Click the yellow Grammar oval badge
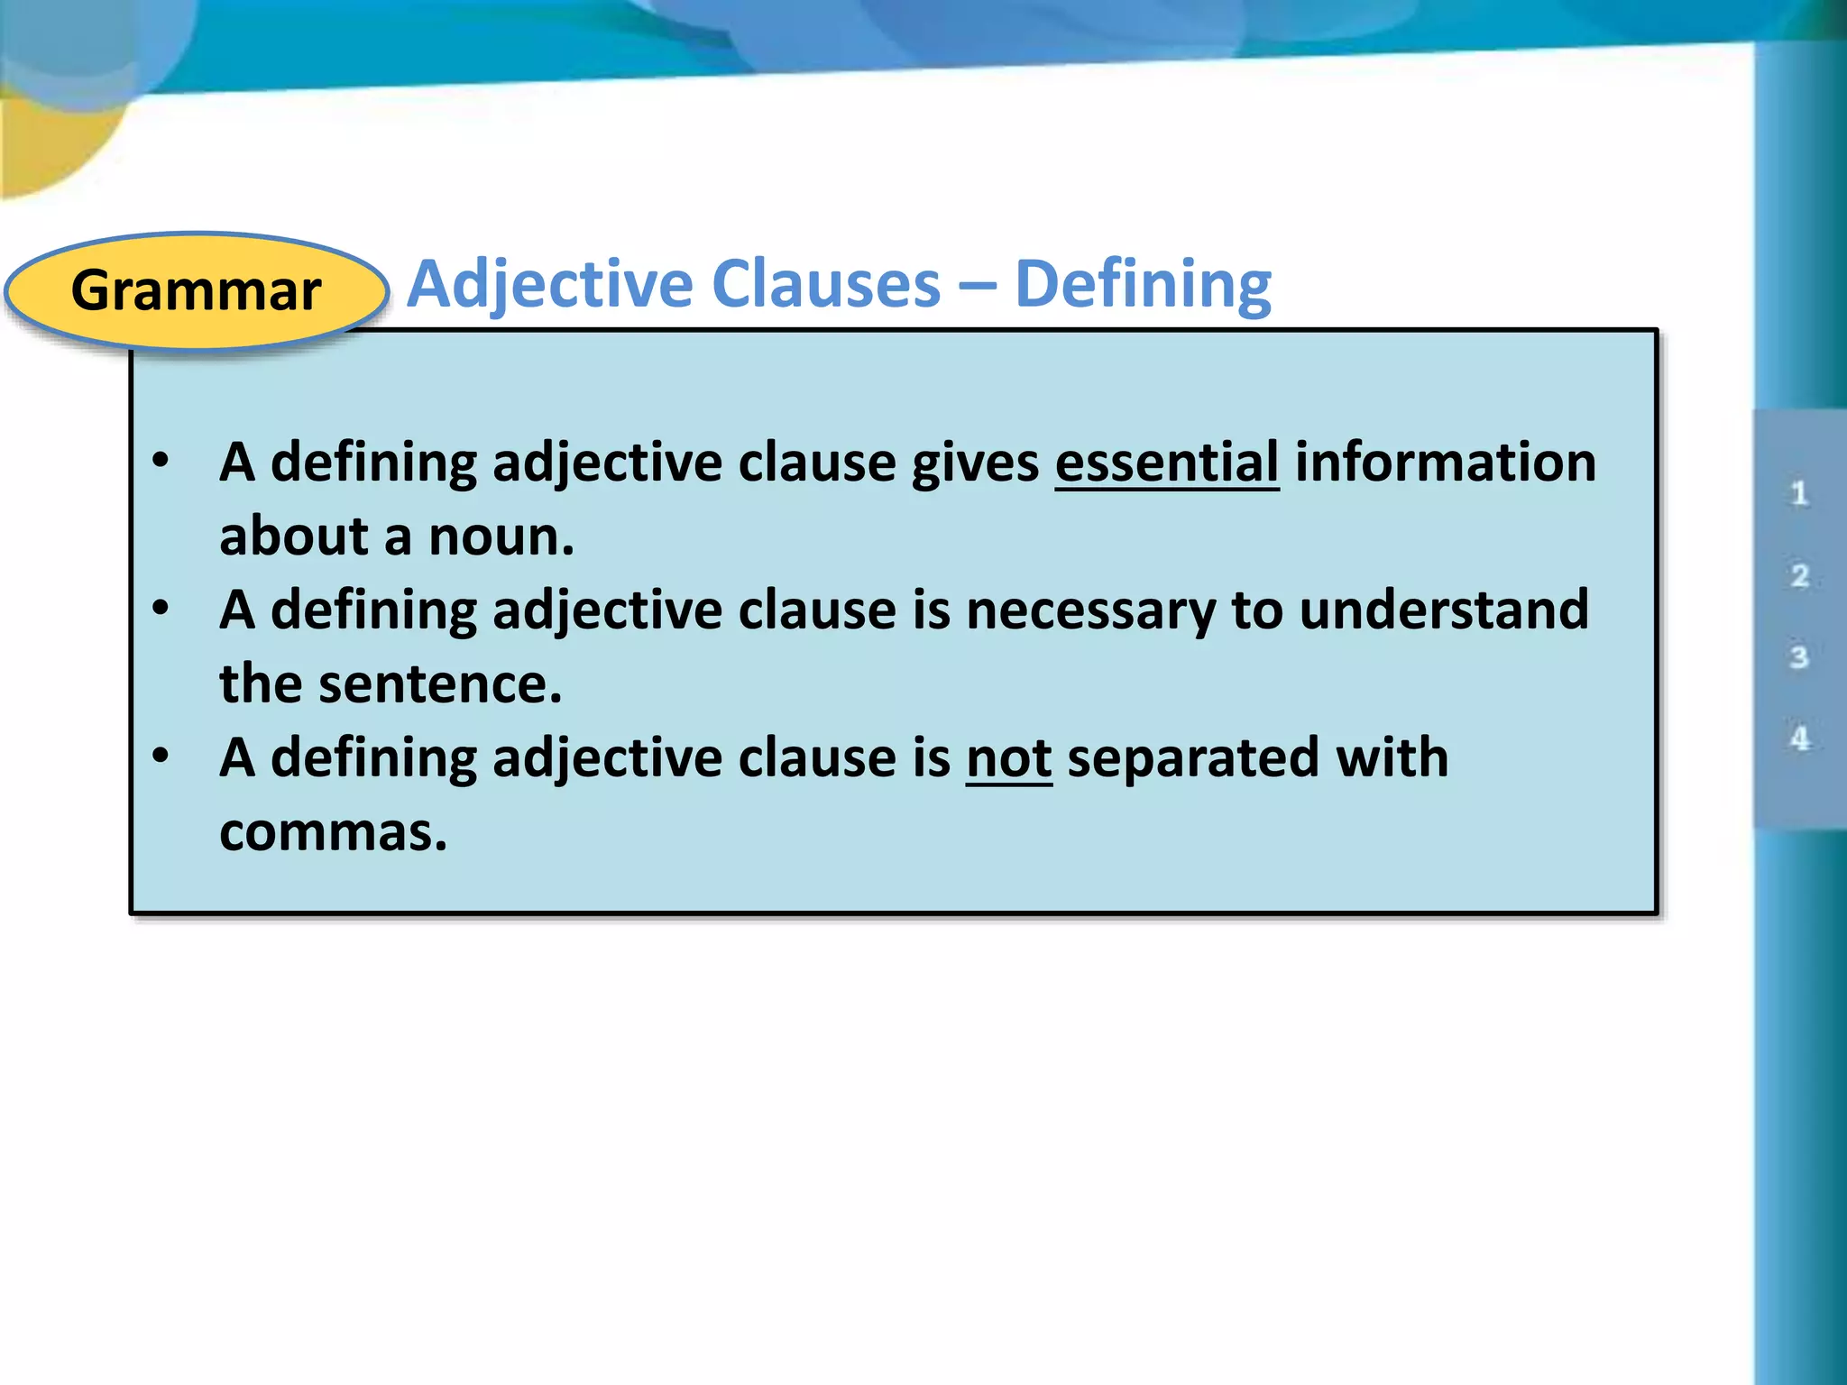tap(196, 290)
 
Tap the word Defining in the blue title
tap(1143, 285)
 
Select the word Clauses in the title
tap(826, 285)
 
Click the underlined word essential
tap(1166, 463)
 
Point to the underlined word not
tap(1008, 757)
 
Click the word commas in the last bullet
tap(332, 831)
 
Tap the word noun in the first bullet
tap(500, 537)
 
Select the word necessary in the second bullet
tap(1090, 610)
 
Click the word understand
tap(1444, 610)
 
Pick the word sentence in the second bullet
tap(440, 684)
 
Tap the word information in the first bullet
tap(1445, 463)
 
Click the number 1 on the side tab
tap(1799, 493)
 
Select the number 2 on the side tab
tap(1799, 575)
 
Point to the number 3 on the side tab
tap(1799, 656)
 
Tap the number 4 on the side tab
tap(1799, 738)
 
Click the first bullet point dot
tap(161, 461)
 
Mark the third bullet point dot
tap(161, 756)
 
